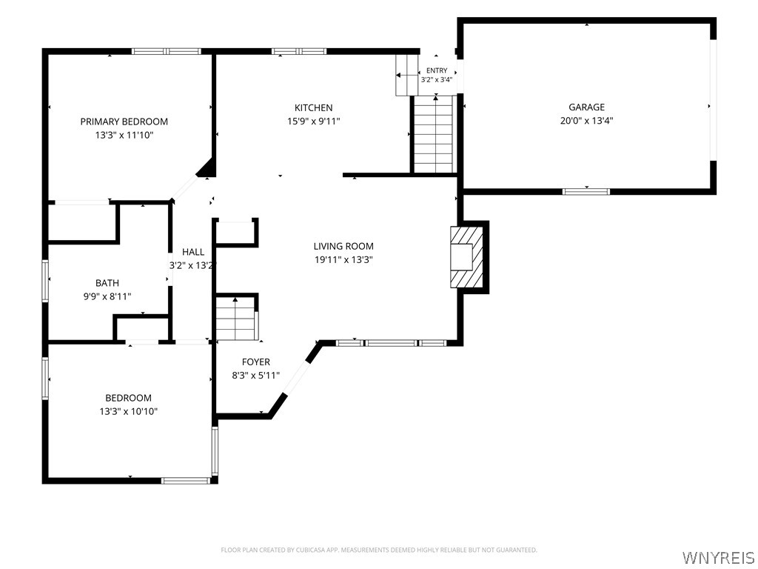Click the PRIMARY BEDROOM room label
coord(124,122)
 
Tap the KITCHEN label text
coord(314,107)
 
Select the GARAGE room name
coord(586,107)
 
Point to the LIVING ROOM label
coord(343,246)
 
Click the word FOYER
coord(255,362)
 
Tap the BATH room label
coord(107,282)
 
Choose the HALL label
coord(193,252)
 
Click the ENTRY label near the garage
coord(437,70)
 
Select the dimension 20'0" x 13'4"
coord(586,121)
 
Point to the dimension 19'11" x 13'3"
coord(343,259)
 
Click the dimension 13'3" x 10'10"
coord(129,411)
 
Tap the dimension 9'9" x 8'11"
coord(107,296)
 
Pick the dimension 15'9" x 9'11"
coord(314,121)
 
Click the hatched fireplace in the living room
coord(466,257)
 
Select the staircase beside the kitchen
coord(434,134)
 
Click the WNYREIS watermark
coord(718,556)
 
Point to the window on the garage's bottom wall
coord(586,192)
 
